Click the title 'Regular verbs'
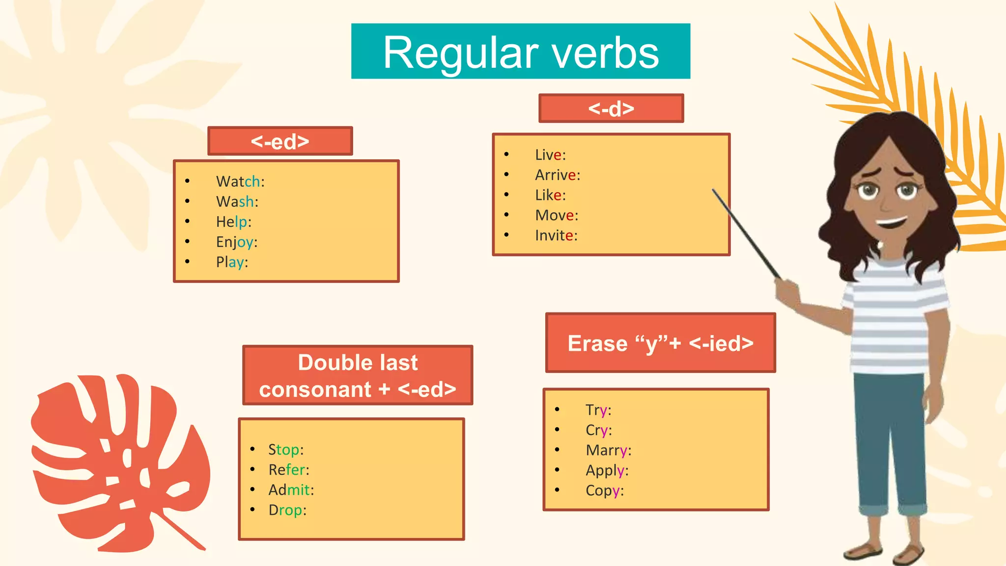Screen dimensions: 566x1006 click(x=521, y=52)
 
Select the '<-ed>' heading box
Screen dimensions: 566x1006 click(x=280, y=141)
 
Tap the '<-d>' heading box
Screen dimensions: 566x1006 click(x=611, y=109)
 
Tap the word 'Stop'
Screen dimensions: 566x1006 click(x=284, y=450)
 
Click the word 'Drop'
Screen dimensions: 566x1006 click(x=285, y=510)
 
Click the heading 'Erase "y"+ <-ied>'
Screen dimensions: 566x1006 click(x=660, y=343)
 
